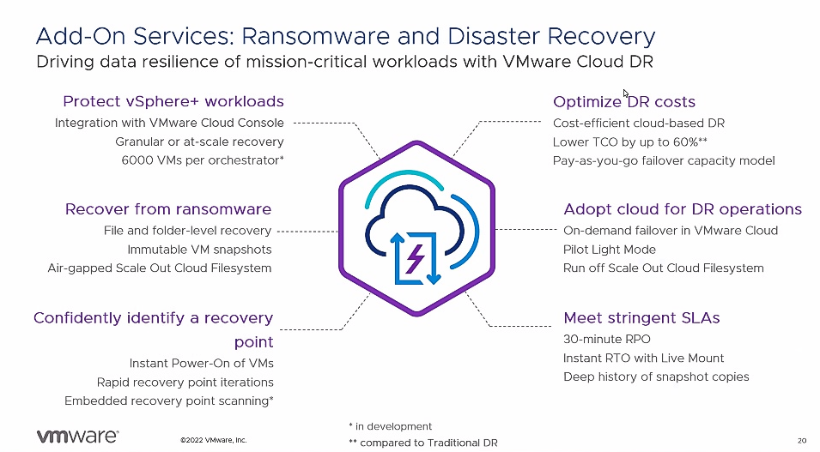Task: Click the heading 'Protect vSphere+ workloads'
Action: click(x=173, y=102)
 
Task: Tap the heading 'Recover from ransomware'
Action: click(x=168, y=209)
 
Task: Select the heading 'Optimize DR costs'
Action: click(x=624, y=102)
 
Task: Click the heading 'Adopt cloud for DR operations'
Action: click(x=683, y=209)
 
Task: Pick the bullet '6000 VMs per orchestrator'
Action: click(x=203, y=160)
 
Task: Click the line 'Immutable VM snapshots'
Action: click(x=199, y=250)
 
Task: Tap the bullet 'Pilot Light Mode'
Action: click(x=610, y=250)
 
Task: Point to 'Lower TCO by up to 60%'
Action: click(x=629, y=142)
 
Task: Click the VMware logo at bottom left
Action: click(x=77, y=436)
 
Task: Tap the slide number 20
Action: click(x=801, y=441)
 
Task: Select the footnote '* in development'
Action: click(x=391, y=426)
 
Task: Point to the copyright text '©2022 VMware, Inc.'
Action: click(x=213, y=441)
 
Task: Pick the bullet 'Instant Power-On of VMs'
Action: click(x=201, y=364)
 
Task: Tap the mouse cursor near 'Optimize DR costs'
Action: click(x=625, y=93)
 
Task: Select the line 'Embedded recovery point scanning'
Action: click(x=169, y=401)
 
